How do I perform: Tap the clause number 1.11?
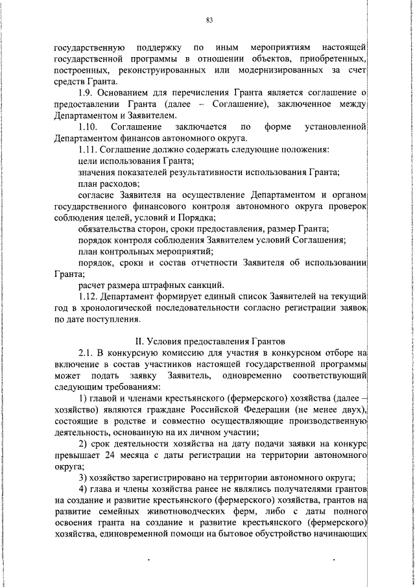coord(88,150)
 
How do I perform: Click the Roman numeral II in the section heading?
coord(138,341)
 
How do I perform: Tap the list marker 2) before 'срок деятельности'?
coord(82,442)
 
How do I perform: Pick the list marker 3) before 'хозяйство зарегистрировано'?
coord(82,477)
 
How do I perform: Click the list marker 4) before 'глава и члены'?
coord(82,488)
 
